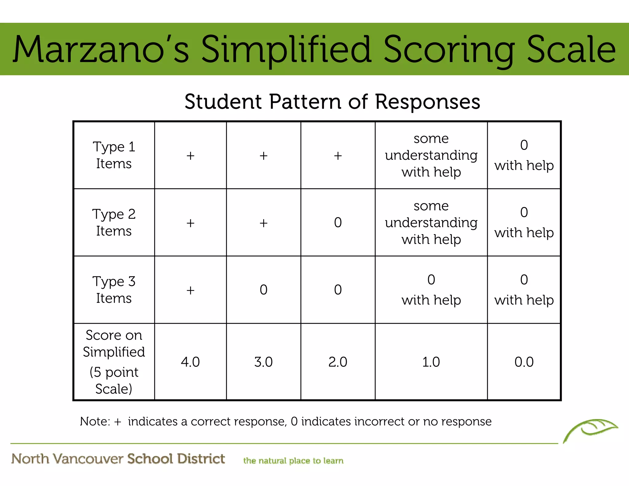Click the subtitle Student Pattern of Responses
[332, 101]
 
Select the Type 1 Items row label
[114, 155]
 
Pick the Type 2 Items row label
[114, 222]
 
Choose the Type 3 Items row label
[114, 290]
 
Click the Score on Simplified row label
[114, 362]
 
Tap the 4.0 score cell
[190, 362]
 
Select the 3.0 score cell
[264, 362]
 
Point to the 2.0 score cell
[338, 362]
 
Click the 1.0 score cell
[431, 362]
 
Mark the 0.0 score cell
[524, 362]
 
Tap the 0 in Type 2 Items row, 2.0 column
[338, 222]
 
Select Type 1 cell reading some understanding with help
[431, 155]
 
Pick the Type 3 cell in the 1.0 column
[431, 290]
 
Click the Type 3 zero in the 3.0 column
[264, 290]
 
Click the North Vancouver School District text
[118, 459]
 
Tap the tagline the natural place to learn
[293, 461]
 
